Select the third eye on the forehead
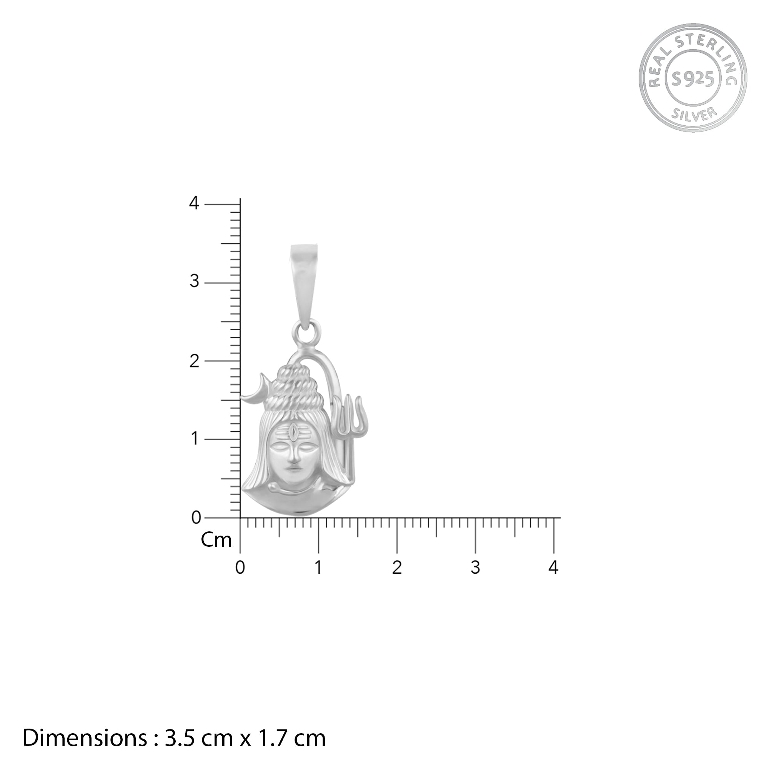[x=293, y=431]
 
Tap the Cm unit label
[x=216, y=540]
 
